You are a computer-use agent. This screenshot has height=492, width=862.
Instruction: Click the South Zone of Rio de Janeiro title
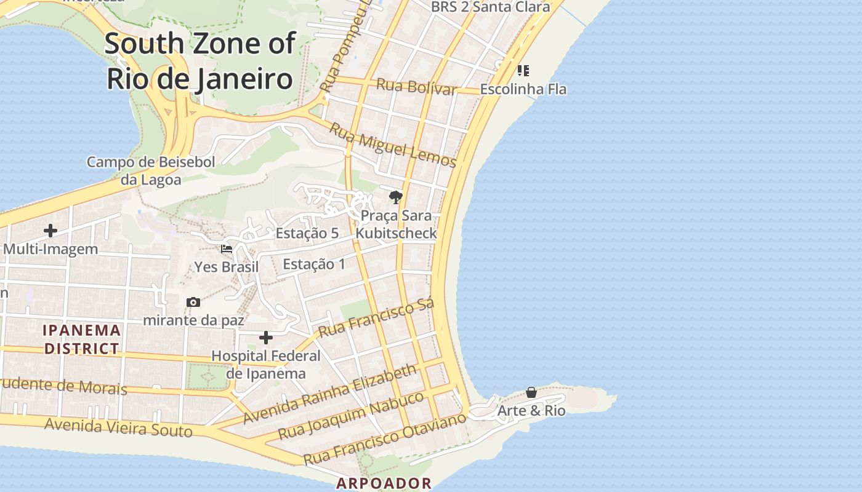coord(199,61)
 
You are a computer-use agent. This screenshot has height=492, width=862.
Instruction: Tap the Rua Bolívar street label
coord(416,87)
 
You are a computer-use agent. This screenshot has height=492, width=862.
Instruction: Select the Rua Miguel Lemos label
coord(393,145)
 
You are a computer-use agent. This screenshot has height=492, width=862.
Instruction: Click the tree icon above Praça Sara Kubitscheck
coord(396,197)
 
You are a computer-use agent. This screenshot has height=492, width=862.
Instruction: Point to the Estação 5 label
coord(307,233)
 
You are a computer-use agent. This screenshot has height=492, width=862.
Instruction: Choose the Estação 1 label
coord(314,264)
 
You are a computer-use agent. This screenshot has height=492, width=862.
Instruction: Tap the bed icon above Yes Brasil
coord(227,250)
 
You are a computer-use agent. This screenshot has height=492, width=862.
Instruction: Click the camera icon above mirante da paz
coord(193,302)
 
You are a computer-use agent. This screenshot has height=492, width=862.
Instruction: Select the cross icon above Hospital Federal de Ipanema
coord(266,338)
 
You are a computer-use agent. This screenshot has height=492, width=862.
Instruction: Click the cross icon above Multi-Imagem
coord(50,231)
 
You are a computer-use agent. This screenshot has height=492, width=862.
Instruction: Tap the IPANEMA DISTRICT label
coord(81,339)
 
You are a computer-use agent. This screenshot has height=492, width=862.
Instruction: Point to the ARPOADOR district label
coord(384,483)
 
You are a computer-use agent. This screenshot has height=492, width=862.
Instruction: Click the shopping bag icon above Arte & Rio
coord(531,392)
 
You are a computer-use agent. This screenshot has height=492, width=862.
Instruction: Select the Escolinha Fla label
coord(523,89)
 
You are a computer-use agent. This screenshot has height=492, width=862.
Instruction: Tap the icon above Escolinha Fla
coord(523,71)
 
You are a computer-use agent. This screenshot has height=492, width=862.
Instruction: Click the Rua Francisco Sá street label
coord(376,317)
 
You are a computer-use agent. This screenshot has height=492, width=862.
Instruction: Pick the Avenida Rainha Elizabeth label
coord(329,394)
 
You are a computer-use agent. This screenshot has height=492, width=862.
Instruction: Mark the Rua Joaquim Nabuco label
coord(351,415)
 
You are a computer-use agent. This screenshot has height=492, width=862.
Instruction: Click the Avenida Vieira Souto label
coord(118,427)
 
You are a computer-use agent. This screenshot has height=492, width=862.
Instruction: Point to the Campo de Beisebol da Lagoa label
coord(151,171)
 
